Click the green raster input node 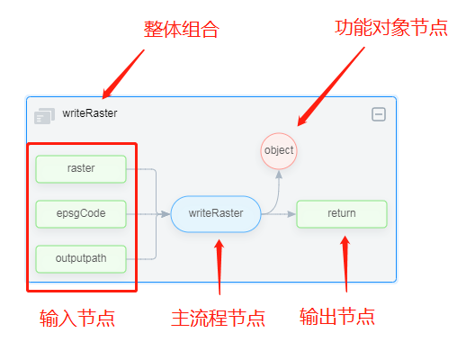(81, 169)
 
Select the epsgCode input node (81, 213)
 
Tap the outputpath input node (81, 259)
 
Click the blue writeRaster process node (216, 214)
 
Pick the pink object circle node (279, 150)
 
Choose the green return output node (342, 213)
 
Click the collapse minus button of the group (379, 114)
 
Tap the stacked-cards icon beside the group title (45, 116)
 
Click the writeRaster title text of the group (90, 113)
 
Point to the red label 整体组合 (181, 30)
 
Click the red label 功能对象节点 (391, 28)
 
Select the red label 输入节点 (77, 319)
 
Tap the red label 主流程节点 (218, 319)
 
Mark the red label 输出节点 (337, 317)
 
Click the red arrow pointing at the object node (331, 86)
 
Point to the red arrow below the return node (345, 264)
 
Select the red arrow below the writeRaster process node (220, 266)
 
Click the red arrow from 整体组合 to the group (123, 74)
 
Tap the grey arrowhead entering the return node (291, 214)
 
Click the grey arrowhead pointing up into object (279, 175)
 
